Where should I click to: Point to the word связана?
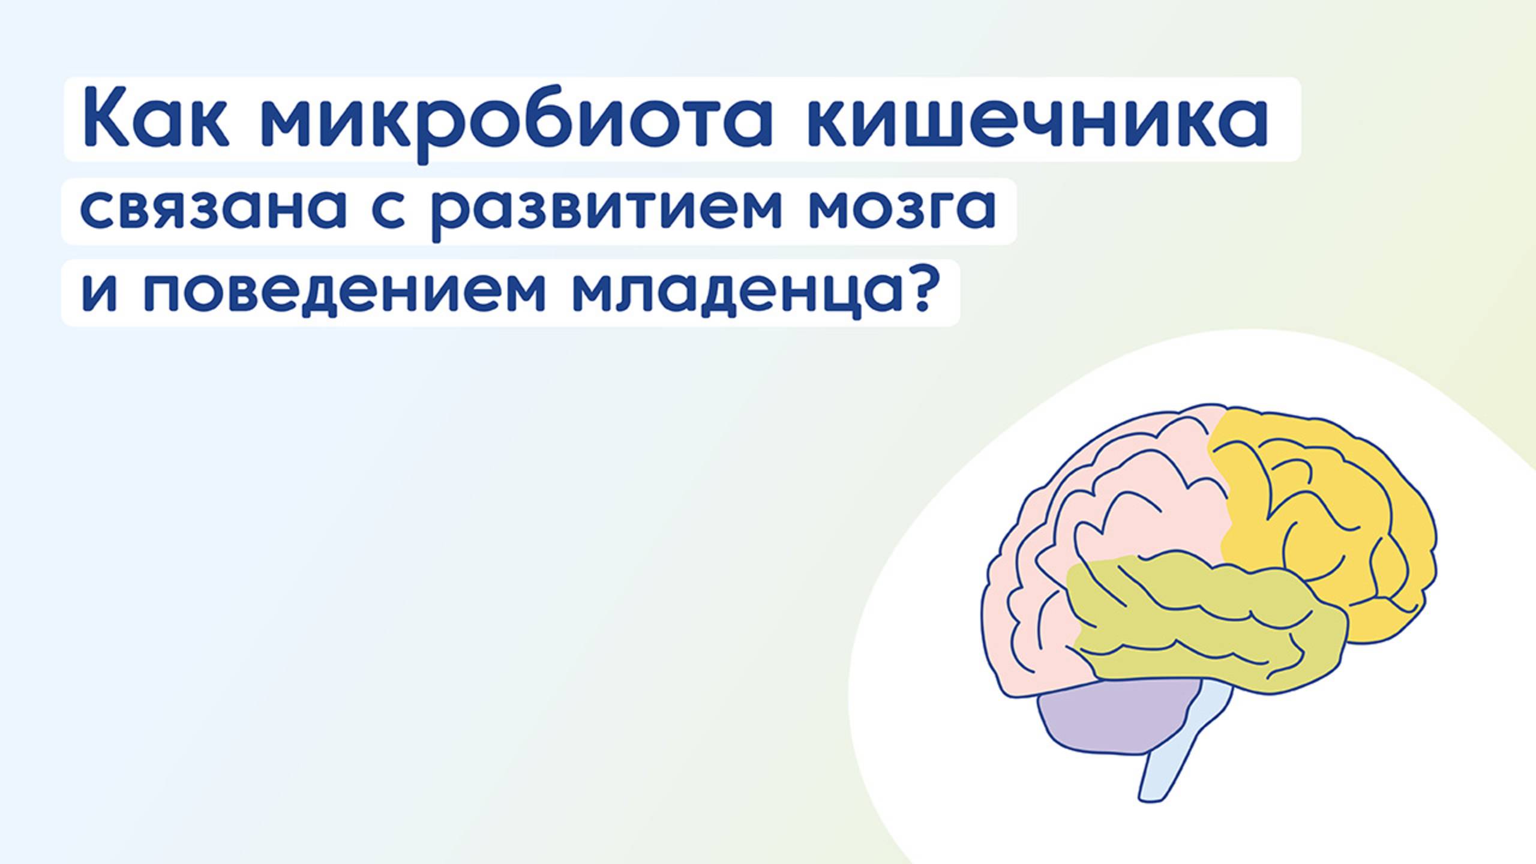214,210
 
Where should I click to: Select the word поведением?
344,293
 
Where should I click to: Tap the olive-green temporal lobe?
1200,624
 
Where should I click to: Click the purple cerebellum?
1110,720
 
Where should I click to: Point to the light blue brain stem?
1176,750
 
